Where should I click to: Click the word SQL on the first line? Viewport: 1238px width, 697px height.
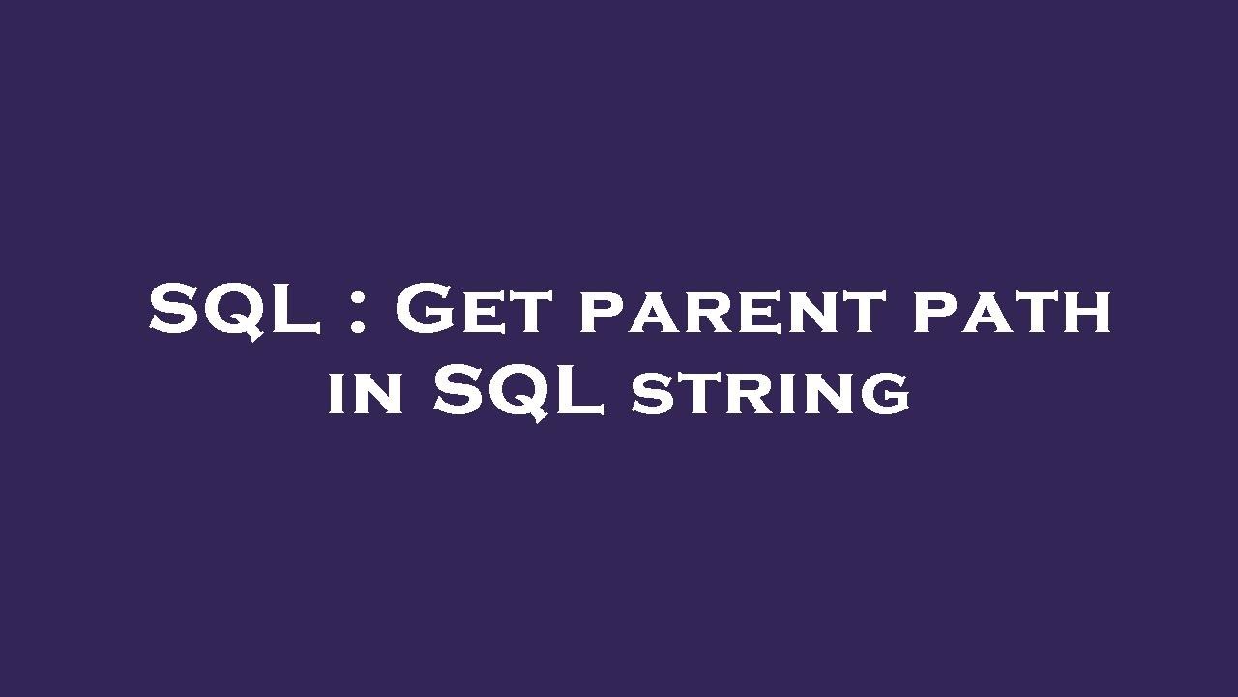235,311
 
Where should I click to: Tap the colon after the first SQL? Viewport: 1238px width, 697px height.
357,313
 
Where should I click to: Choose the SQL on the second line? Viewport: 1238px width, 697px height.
518,391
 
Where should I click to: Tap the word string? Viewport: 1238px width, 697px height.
771,394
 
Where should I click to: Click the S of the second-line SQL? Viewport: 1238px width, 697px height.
458,391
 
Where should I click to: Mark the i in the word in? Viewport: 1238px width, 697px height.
338,394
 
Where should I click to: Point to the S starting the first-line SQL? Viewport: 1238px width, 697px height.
175,311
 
